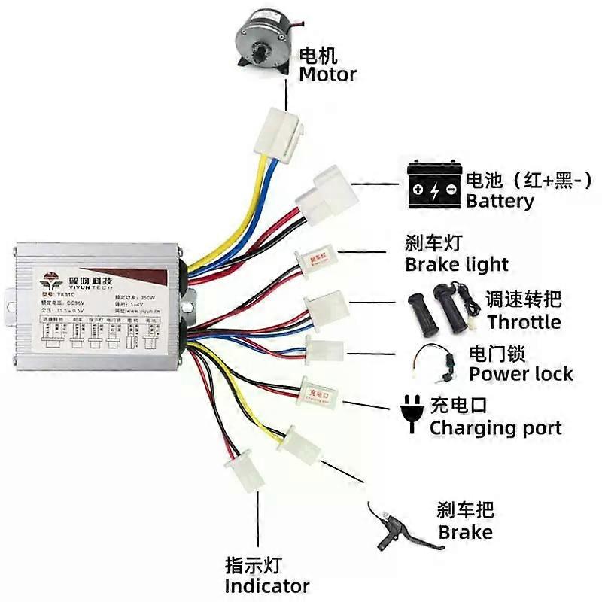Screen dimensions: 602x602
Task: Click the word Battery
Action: (x=500, y=202)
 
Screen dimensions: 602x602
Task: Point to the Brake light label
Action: (x=456, y=265)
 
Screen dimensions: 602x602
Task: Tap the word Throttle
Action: (x=524, y=322)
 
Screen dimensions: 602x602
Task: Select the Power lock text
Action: (x=521, y=374)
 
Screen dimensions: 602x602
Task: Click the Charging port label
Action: (x=495, y=428)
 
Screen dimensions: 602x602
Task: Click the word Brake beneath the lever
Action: (x=465, y=533)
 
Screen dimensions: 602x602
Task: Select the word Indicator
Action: (x=266, y=585)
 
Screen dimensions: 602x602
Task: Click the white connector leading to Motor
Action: (x=281, y=132)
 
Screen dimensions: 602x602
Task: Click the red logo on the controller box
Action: (x=52, y=281)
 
